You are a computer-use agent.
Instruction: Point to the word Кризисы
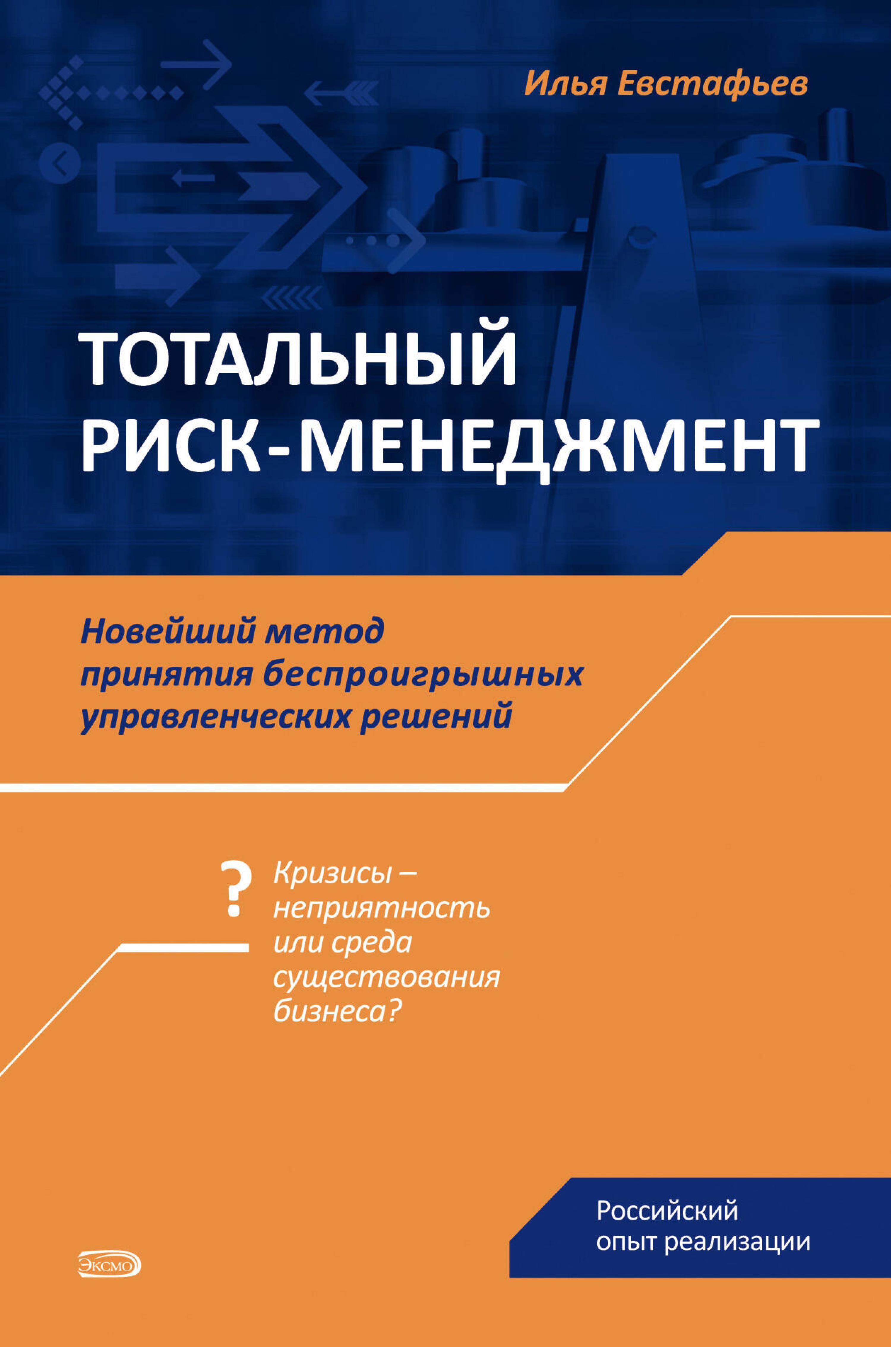tap(332, 873)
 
